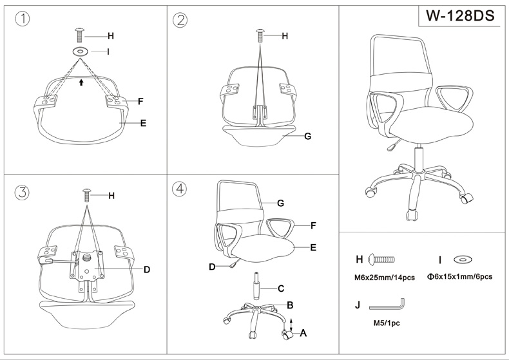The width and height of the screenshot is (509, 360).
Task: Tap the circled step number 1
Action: pyautogui.click(x=23, y=19)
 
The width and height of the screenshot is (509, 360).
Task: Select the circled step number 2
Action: pyautogui.click(x=180, y=19)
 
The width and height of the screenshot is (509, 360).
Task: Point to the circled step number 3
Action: pyautogui.click(x=23, y=192)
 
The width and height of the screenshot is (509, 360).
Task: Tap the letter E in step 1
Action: pyautogui.click(x=143, y=122)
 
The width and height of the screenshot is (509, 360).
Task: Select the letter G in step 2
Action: pyautogui.click(x=308, y=136)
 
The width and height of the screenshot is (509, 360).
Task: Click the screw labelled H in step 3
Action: pyautogui.click(x=88, y=194)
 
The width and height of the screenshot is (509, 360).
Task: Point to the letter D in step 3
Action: pyautogui.click(x=147, y=269)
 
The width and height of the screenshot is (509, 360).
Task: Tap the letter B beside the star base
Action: pyautogui.click(x=291, y=305)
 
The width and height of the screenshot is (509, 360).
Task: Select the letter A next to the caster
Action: pyautogui.click(x=303, y=333)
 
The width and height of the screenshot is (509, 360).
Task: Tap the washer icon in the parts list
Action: pyautogui.click(x=462, y=260)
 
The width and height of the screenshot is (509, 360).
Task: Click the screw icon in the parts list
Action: pyautogui.click(x=381, y=260)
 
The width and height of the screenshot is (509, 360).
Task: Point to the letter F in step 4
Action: pyautogui.click(x=313, y=225)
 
